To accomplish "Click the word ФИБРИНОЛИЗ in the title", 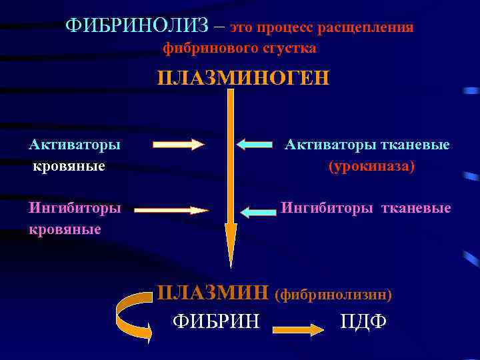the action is tap(141, 27).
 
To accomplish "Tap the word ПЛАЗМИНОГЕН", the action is tap(243, 77).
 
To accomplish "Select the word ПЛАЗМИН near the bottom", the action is tap(213, 293).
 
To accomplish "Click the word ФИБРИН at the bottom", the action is tap(216, 322).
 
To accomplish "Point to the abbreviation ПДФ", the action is tap(363, 322).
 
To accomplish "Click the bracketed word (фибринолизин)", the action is tap(333, 293).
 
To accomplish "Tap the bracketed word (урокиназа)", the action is tap(371, 165).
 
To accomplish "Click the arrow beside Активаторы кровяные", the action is tap(177, 144).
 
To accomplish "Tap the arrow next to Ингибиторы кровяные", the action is tap(172, 211).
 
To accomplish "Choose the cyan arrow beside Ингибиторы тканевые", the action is tap(258, 212).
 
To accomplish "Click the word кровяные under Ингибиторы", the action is tap(65, 229).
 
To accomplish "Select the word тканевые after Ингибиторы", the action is tap(415, 208).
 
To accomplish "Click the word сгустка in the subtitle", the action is tap(290, 49).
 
